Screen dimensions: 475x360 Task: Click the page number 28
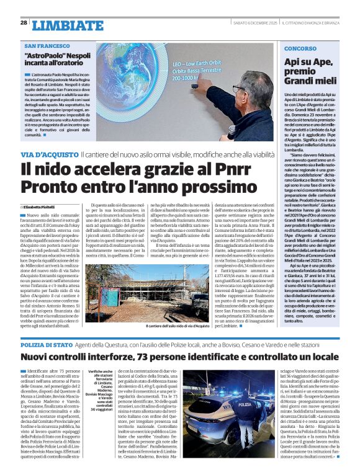(x=24, y=22)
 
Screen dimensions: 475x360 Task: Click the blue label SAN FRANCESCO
(x=47, y=47)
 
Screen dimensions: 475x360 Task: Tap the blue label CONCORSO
(x=300, y=48)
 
